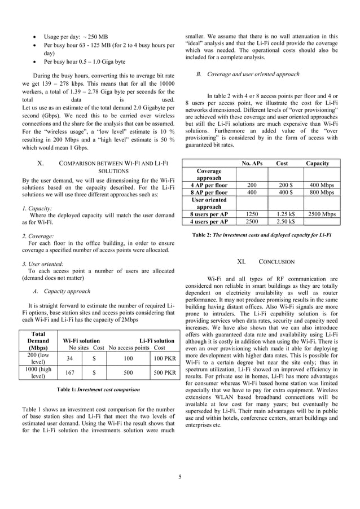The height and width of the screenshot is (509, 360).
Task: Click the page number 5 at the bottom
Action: (180, 477)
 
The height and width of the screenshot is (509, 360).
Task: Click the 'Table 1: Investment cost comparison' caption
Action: (98, 389)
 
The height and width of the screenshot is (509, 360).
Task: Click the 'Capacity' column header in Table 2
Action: (318, 163)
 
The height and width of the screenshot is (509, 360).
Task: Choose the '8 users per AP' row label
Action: (209, 214)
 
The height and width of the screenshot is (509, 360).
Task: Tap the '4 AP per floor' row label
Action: (209, 185)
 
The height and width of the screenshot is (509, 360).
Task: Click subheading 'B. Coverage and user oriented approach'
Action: (248, 74)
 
